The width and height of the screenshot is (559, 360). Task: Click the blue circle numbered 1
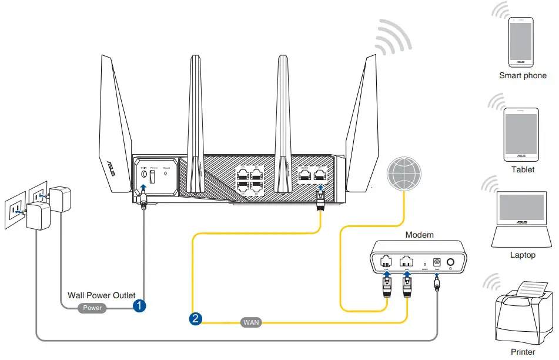tap(139, 306)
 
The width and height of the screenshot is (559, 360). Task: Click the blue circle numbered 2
tap(196, 319)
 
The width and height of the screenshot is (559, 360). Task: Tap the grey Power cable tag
tap(92, 308)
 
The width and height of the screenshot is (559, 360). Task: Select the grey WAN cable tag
tap(251, 322)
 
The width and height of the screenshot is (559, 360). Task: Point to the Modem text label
tap(419, 235)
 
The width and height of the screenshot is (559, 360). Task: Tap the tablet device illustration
tap(521, 135)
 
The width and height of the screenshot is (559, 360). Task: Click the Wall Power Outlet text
tap(102, 295)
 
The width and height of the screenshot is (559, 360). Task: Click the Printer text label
tap(523, 352)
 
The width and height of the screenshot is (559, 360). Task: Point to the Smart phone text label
tap(523, 76)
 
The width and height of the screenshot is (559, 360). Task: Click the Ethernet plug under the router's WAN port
tap(320, 202)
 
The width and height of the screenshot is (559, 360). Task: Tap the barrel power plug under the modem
tap(437, 285)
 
